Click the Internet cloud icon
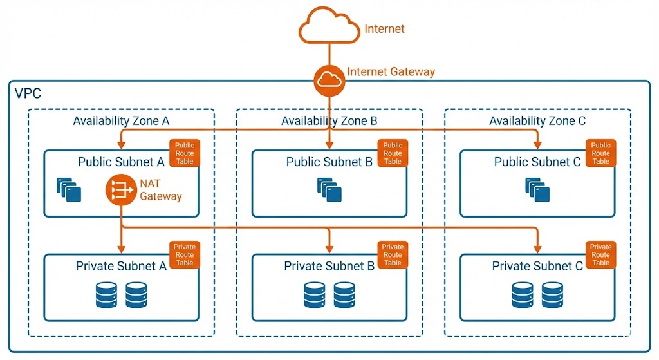click(329, 25)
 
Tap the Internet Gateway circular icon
click(329, 80)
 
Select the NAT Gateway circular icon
click(120, 189)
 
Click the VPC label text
click(28, 94)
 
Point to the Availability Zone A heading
click(120, 121)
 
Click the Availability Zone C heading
click(537, 121)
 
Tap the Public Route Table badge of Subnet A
click(185, 153)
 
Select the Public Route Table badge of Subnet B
click(393, 153)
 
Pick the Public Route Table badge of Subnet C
click(600, 153)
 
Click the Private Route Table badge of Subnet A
click(185, 255)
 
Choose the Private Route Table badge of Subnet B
click(393, 255)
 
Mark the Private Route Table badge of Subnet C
click(600, 255)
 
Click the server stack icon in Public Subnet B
click(329, 189)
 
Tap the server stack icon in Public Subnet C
click(537, 189)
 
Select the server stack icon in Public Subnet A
click(69, 189)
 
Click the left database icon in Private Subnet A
click(106, 295)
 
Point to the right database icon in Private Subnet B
click(345, 295)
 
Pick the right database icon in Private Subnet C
click(553, 295)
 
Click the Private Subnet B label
click(329, 266)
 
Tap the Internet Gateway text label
click(391, 71)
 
